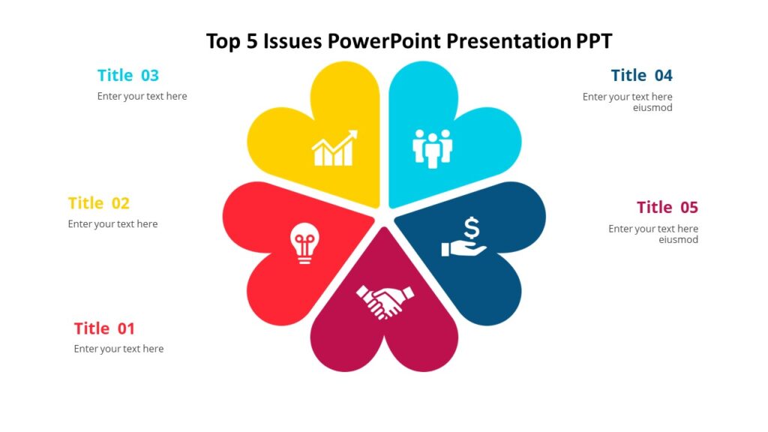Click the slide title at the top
pyautogui.click(x=409, y=40)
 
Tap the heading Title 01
pyautogui.click(x=104, y=328)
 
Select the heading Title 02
pyautogui.click(x=98, y=203)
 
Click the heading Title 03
pyautogui.click(x=128, y=75)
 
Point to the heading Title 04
pyautogui.click(x=641, y=75)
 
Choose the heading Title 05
pyautogui.click(x=667, y=207)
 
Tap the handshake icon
pyautogui.click(x=385, y=300)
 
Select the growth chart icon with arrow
pyautogui.click(x=334, y=148)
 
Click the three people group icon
pyautogui.click(x=432, y=148)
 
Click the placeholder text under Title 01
pyautogui.click(x=118, y=349)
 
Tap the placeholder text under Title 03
pyautogui.click(x=142, y=96)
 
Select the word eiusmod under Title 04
pyautogui.click(x=652, y=107)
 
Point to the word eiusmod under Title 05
pyautogui.click(x=678, y=240)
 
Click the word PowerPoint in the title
pyautogui.click(x=385, y=40)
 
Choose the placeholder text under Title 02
pyautogui.click(x=112, y=223)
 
